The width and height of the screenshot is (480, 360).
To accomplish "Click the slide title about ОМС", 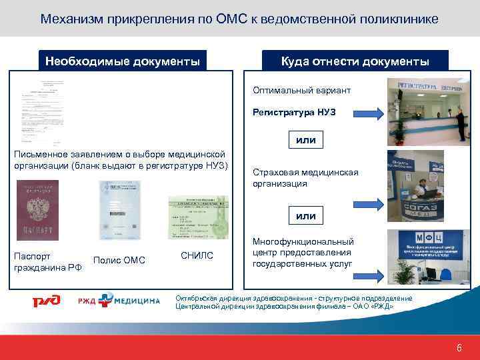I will coord(239,19).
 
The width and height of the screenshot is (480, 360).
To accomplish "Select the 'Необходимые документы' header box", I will coord(122,61).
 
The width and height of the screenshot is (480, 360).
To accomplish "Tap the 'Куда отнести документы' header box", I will coord(355,61).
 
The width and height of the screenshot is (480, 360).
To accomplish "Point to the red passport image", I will coord(35,217).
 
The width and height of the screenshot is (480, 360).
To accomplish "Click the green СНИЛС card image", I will coord(197,217).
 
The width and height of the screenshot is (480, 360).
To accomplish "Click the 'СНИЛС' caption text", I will coord(197,255).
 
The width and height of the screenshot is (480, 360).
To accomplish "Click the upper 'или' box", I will coord(306,140).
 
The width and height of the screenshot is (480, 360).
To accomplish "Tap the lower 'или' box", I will coord(306,216).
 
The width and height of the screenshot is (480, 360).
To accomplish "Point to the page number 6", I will coord(459,347).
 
